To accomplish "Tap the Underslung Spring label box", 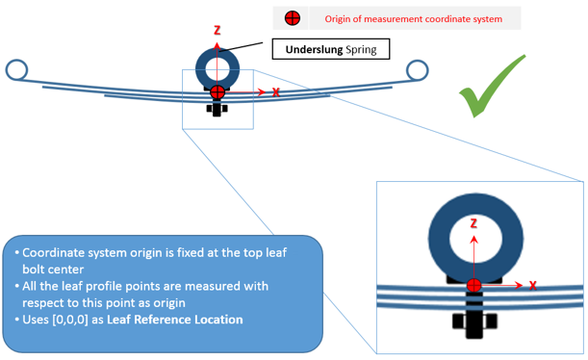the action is [331, 49].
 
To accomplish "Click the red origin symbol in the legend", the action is [293, 18].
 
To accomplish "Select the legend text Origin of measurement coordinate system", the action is [413, 18].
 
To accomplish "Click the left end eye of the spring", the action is [16, 69].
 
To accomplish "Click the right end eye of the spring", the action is [417, 70].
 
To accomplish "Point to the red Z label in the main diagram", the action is [217, 31].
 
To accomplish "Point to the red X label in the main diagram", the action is [275, 92].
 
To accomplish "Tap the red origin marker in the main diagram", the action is [217, 92].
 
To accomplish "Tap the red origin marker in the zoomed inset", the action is [474, 285].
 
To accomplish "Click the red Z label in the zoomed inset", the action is [473, 223].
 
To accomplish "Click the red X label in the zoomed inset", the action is [532, 286].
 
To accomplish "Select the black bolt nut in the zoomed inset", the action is [474, 321].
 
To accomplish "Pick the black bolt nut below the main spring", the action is [217, 109].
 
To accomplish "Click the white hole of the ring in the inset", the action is [475, 240].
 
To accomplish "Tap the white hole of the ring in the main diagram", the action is [217, 69].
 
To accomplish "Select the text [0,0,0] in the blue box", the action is [69, 320].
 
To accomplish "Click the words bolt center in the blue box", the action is [53, 270].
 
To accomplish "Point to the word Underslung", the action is [315, 49].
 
